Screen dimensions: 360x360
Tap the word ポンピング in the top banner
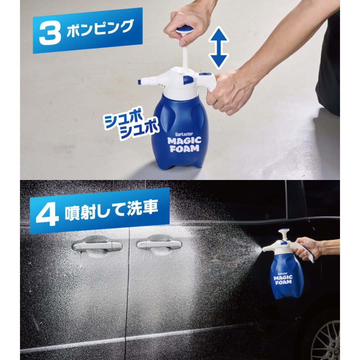point(100,28)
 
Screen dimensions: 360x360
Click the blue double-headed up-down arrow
point(218,48)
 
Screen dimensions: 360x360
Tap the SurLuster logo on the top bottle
point(184,134)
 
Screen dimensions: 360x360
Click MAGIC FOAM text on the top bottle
point(185,145)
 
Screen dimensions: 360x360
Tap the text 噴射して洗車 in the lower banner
point(111,209)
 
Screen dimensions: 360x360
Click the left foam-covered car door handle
point(97,247)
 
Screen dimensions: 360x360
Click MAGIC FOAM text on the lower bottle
point(283,280)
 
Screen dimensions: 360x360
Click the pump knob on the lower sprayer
point(283,231)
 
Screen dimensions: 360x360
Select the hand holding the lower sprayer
point(307,248)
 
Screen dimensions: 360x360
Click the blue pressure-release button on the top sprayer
point(188,80)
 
